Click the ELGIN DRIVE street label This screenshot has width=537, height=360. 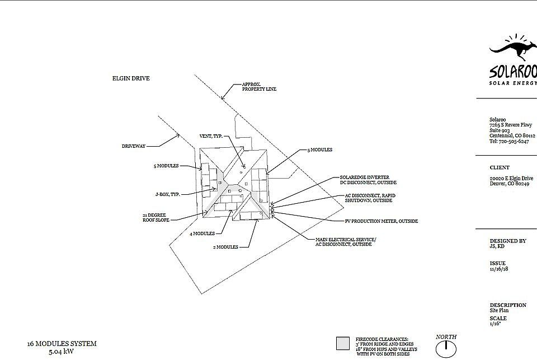click(131, 78)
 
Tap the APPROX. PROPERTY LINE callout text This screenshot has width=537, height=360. click(259, 87)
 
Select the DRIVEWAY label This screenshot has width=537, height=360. click(134, 146)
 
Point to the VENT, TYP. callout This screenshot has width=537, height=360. click(211, 136)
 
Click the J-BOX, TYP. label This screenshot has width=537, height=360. click(167, 194)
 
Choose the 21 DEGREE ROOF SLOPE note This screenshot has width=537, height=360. click(156, 217)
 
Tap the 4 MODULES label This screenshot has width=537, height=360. click(202, 233)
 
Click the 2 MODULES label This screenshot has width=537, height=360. click(225, 247)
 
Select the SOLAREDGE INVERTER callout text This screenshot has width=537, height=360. click(364, 177)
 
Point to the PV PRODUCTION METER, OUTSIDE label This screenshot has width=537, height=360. click(381, 221)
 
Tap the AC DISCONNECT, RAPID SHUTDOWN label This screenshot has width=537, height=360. click(370, 198)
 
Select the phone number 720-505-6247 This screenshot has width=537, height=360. click(514, 141)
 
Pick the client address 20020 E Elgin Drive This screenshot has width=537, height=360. click(511, 178)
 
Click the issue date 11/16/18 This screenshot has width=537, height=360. click(498, 269)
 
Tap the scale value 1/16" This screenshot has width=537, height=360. click(495, 324)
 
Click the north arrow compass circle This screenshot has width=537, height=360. click(446, 350)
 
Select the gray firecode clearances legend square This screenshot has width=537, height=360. click(343, 344)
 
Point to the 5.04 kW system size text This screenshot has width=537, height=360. click(62, 352)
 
